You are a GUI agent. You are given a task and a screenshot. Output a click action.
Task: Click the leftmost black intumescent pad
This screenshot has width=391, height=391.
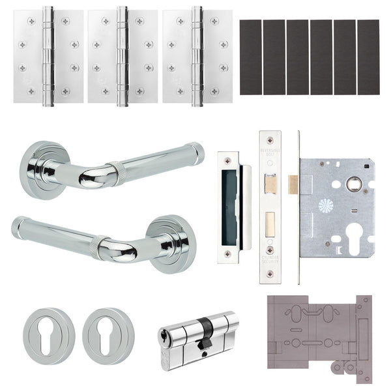click(250, 57)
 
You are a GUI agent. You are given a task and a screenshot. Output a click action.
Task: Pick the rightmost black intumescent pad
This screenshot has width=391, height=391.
click(368, 57)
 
